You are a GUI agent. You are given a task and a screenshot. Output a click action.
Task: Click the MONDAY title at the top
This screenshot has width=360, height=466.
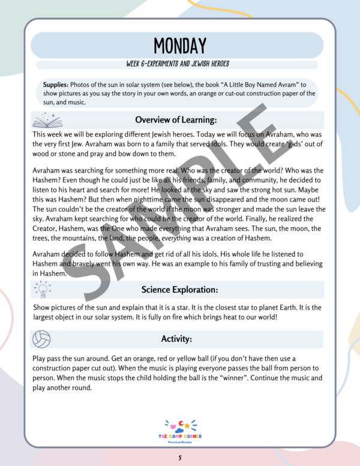(x=179, y=46)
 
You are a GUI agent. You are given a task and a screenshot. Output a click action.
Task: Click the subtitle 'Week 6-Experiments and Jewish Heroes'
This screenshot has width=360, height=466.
(x=180, y=64)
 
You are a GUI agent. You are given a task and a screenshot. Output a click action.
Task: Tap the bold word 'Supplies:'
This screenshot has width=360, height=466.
(x=56, y=85)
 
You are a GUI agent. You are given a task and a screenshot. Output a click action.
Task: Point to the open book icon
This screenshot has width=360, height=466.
(x=45, y=119)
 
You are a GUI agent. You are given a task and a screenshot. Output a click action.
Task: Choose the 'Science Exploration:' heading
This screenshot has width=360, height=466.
(x=179, y=290)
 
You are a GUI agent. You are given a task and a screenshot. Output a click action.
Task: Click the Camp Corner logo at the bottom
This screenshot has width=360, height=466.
(x=180, y=431)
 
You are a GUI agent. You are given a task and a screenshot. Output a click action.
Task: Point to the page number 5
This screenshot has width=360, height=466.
(x=180, y=458)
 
